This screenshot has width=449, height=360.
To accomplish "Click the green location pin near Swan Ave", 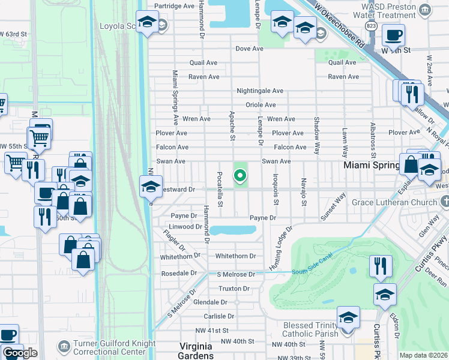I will tap(240, 176).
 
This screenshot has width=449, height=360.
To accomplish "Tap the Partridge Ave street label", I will tap(175, 5).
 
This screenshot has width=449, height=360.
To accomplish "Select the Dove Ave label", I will tap(250, 49).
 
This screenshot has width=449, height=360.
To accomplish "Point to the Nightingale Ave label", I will tap(259, 91).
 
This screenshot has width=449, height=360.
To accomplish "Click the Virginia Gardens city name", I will tap(197, 351).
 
